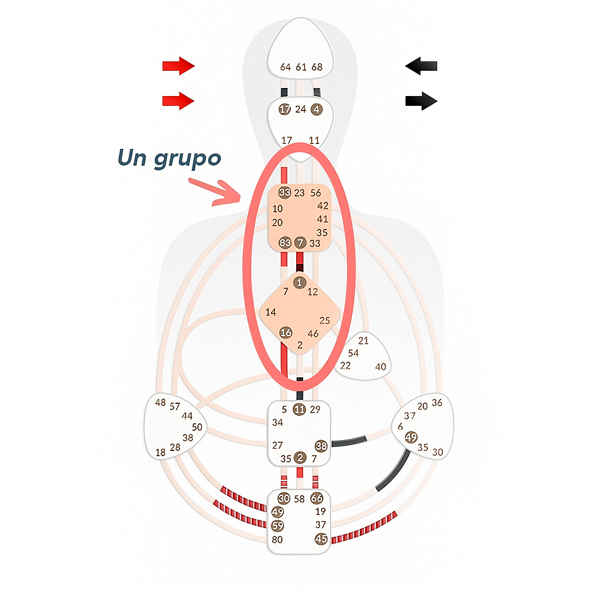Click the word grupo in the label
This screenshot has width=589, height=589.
pos(187,159)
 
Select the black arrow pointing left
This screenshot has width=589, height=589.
pos(421,66)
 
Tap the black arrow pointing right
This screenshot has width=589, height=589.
pos(422,101)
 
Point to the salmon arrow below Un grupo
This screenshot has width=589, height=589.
pos(215,192)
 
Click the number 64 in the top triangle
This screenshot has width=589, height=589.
pos(285,67)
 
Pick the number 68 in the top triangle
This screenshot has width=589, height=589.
pos(317,67)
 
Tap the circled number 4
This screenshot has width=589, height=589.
pos(317,110)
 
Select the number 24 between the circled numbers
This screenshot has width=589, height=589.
pos(300,109)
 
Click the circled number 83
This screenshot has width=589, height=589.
pos(285,243)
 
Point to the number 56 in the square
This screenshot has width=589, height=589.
pos(316,193)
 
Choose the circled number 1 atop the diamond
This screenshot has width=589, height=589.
pos(299,282)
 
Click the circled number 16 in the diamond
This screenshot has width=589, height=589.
pos(286,332)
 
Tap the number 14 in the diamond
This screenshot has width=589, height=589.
pos(270,312)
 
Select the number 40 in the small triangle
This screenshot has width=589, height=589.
pos(381,366)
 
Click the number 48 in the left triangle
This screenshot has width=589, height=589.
pos(160,402)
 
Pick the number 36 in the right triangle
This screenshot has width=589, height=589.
pos(437,403)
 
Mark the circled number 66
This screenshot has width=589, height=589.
pos(317,498)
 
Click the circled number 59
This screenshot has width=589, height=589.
pos(278,526)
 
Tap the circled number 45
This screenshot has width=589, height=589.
pos(321,539)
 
